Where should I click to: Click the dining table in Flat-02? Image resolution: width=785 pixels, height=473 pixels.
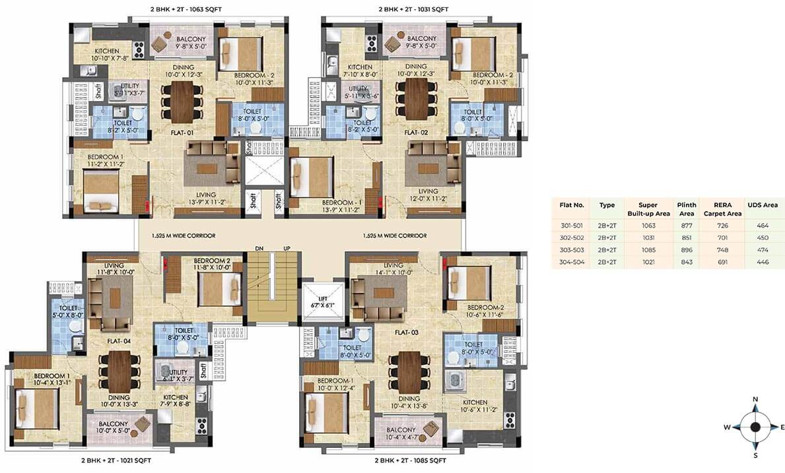click(x=417, y=99)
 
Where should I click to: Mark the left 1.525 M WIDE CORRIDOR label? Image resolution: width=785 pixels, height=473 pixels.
click(x=184, y=236)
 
